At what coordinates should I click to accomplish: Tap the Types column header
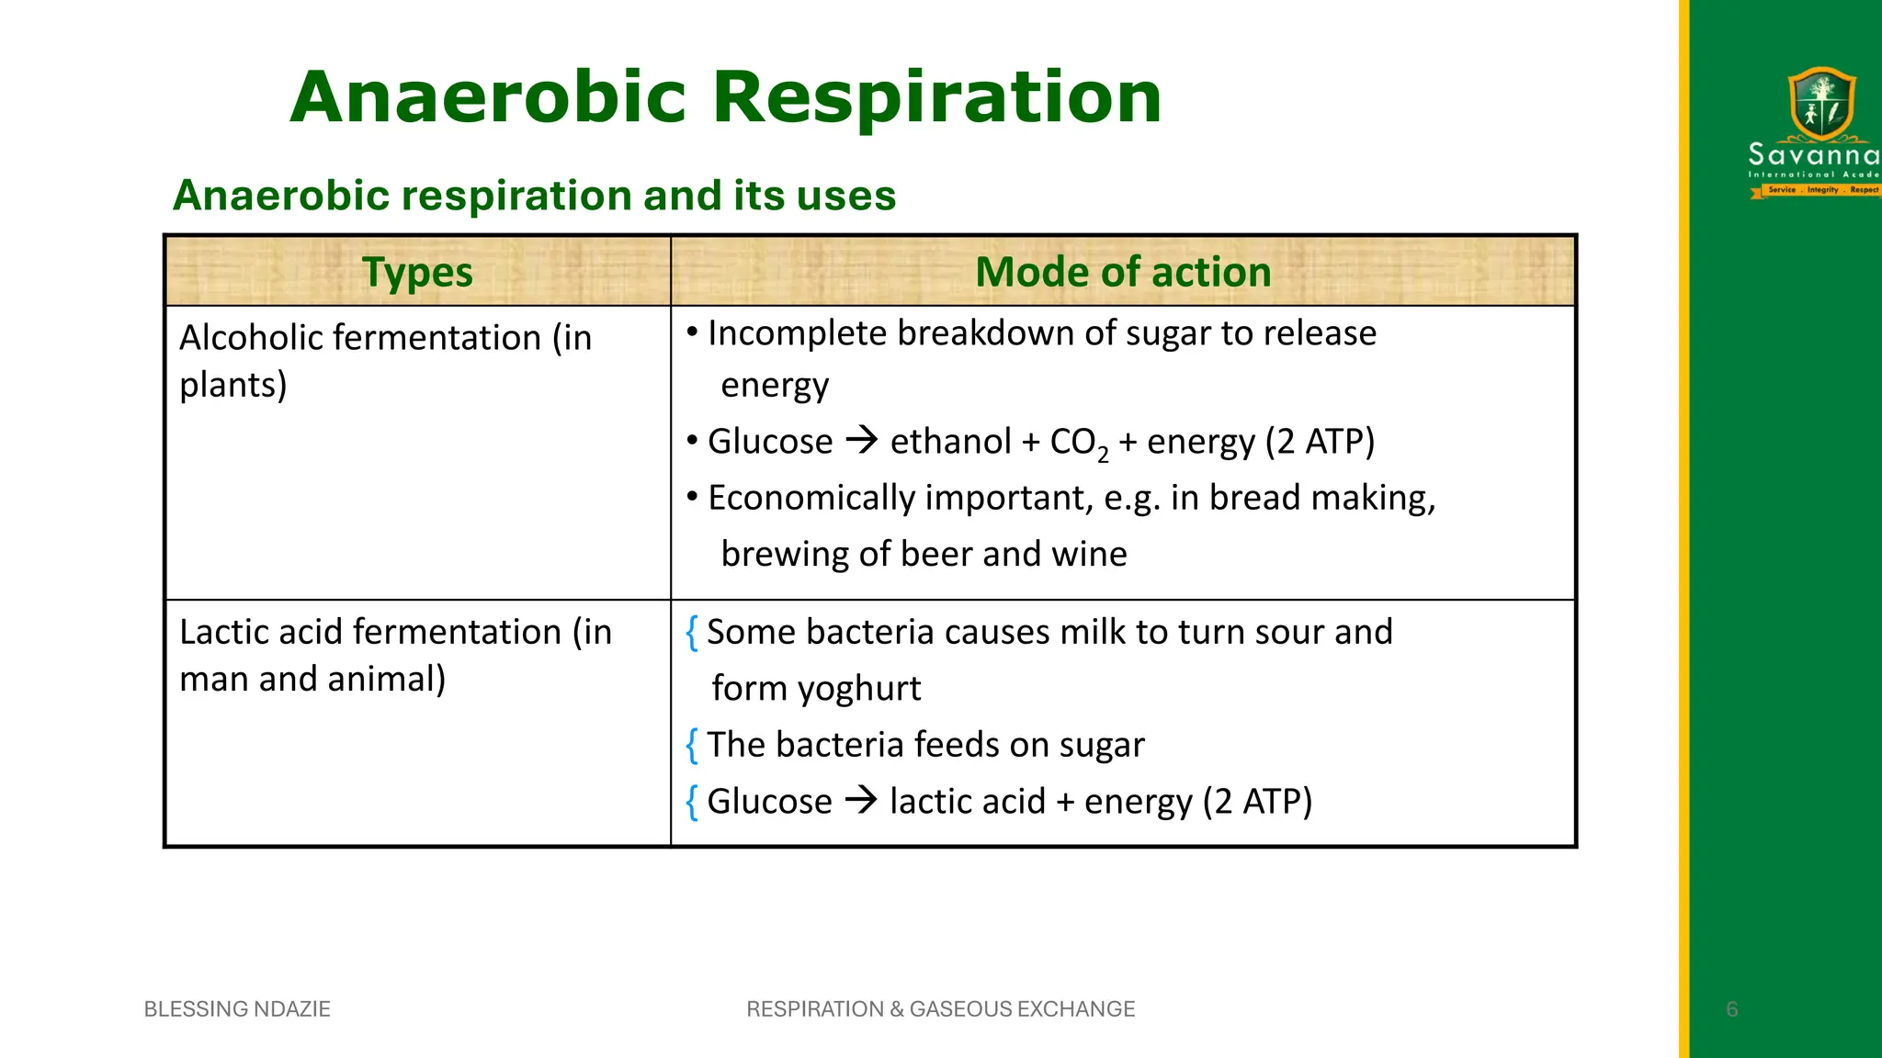pyautogui.click(x=417, y=273)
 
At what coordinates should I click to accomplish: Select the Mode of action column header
pyautogui.click(x=1123, y=273)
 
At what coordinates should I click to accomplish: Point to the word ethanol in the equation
pyautogui.click(x=950, y=442)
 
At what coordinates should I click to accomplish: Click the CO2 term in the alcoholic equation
pyautogui.click(x=1078, y=444)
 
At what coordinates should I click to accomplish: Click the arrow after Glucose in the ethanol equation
pyautogui.click(x=861, y=441)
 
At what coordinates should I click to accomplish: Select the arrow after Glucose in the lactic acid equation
pyautogui.click(x=861, y=801)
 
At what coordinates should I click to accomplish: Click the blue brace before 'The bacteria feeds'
pyautogui.click(x=692, y=745)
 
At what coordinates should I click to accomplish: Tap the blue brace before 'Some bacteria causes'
pyautogui.click(x=692, y=633)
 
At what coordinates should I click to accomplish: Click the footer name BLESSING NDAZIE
pyautogui.click(x=237, y=1008)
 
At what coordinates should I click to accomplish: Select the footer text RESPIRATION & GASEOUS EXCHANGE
pyautogui.click(x=940, y=1008)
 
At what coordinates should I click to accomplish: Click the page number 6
pyautogui.click(x=1731, y=1009)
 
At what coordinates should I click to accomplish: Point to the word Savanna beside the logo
pyautogui.click(x=1813, y=154)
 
